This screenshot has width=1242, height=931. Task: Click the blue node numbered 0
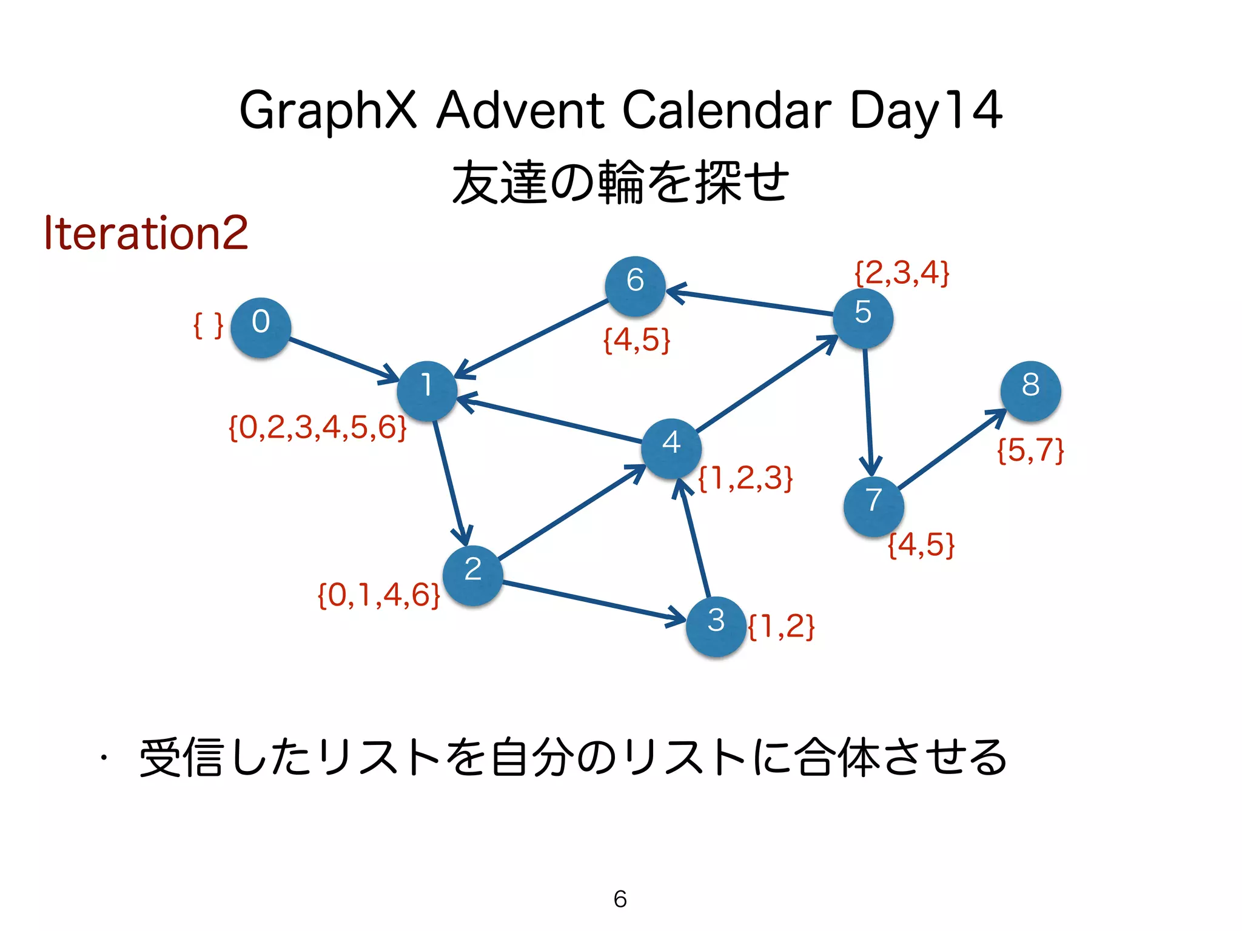pos(261,327)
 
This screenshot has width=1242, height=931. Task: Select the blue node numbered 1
pos(427,391)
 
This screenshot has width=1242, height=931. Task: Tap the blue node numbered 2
pos(472,575)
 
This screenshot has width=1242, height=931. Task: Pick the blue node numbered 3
pos(716,626)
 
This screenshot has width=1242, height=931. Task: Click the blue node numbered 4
pos(671,448)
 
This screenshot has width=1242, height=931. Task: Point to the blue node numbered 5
pos(862,318)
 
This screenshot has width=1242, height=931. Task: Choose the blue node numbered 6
pos(635,286)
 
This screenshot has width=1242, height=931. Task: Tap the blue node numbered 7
pos(873,506)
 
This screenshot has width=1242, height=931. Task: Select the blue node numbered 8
pos(1030,391)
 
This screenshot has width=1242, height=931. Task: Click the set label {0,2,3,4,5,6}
pos(317,428)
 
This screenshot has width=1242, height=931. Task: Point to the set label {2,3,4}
pos(902,273)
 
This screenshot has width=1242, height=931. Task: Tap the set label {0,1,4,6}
pos(379,595)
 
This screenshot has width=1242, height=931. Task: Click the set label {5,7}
pos(1030,450)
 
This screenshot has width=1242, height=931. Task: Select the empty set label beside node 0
pos(208,326)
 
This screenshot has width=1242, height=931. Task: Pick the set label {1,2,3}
pos(745,478)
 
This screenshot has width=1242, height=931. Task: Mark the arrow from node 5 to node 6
pos(750,302)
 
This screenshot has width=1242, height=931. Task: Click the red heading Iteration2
pos(146,233)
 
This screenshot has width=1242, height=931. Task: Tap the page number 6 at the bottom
pos(620,899)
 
